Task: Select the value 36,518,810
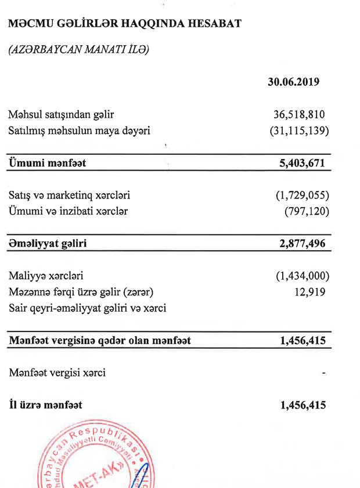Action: coord(299,114)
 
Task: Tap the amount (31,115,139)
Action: coord(298,131)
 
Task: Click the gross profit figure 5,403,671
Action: coord(303,163)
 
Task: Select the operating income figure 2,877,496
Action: coord(303,244)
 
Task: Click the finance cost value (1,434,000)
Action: coord(302,276)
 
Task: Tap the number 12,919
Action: coord(310,291)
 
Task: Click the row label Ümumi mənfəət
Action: coord(48,163)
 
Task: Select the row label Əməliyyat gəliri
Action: coord(48,244)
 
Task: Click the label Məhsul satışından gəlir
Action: coord(65,114)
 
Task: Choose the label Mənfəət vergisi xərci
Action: coord(57,373)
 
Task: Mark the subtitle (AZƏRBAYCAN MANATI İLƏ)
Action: coord(78,50)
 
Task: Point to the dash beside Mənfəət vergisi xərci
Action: coord(324,373)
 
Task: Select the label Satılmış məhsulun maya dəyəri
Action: coord(80,131)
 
